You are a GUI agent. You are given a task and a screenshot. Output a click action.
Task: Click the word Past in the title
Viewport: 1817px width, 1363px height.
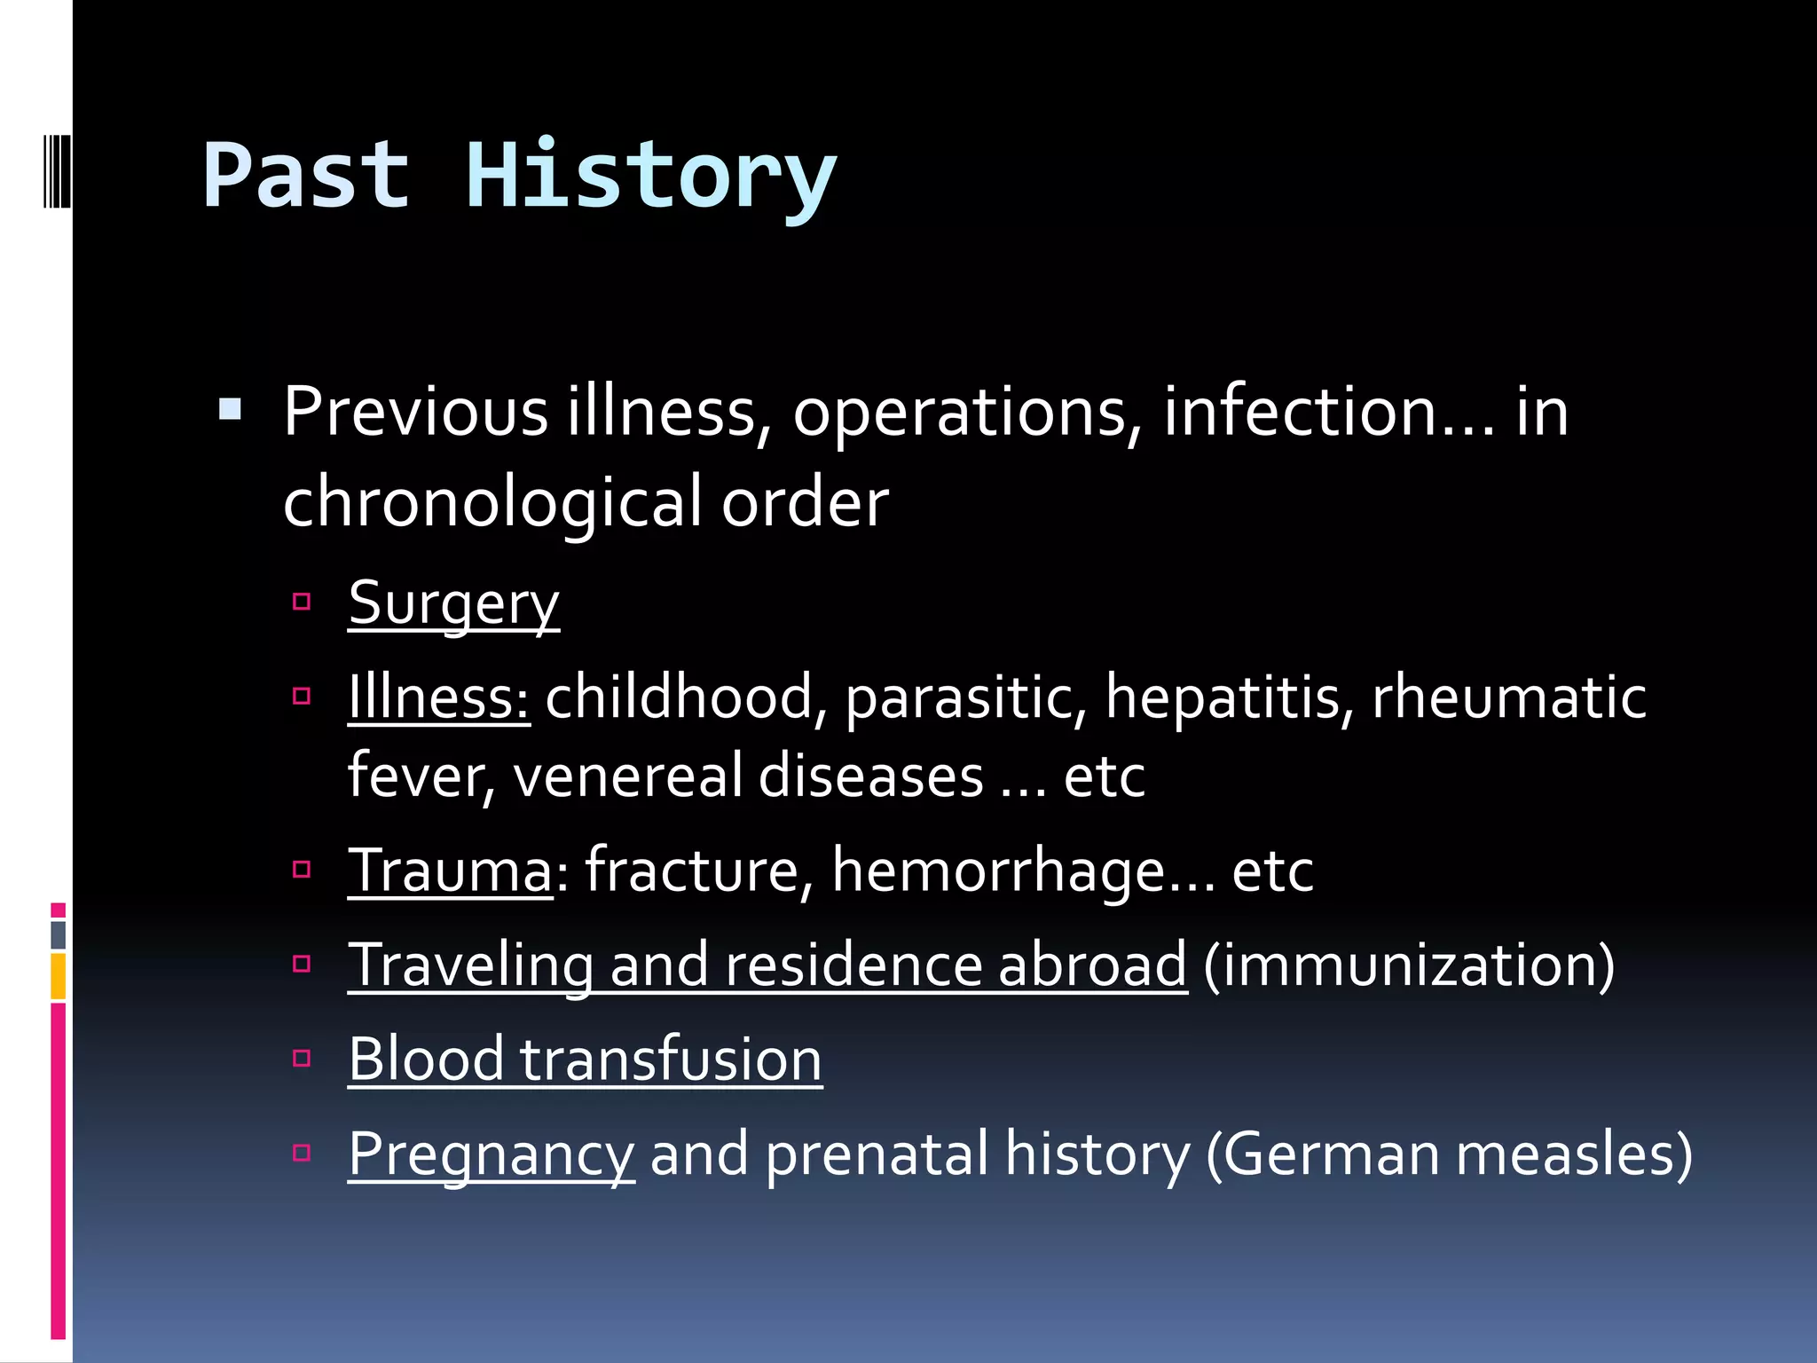pyautogui.click(x=306, y=177)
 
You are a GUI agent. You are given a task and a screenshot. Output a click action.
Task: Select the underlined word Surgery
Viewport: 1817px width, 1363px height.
pyautogui.click(x=453, y=603)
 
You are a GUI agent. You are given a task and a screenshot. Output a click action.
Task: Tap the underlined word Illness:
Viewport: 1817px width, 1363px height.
pyautogui.click(x=438, y=697)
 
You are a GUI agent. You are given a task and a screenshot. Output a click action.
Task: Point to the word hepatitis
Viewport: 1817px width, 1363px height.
pyautogui.click(x=1229, y=697)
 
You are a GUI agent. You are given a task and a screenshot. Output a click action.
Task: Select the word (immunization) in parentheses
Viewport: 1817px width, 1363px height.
pyautogui.click(x=1409, y=965)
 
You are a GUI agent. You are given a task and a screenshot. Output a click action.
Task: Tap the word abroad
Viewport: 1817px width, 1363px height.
pyautogui.click(x=1092, y=965)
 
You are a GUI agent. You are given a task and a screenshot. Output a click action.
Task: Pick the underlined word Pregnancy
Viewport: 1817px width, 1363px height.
pyautogui.click(x=491, y=1154)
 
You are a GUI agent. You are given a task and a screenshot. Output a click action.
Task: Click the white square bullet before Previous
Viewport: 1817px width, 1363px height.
pyautogui.click(x=230, y=409)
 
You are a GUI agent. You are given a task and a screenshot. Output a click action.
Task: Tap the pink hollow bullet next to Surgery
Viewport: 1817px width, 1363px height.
pyautogui.click(x=302, y=603)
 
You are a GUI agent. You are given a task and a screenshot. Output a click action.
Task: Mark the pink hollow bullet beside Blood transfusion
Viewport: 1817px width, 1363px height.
pyautogui.click(x=302, y=1058)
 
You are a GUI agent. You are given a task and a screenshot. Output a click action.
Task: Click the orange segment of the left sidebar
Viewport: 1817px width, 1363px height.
pyautogui.click(x=59, y=976)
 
